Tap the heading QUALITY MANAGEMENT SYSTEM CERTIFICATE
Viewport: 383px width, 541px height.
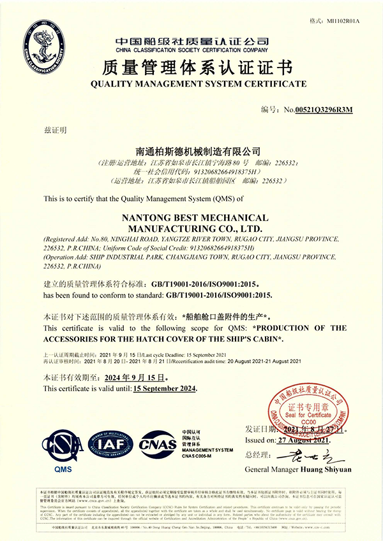198,84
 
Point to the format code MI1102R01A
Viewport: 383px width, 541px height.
343,21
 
